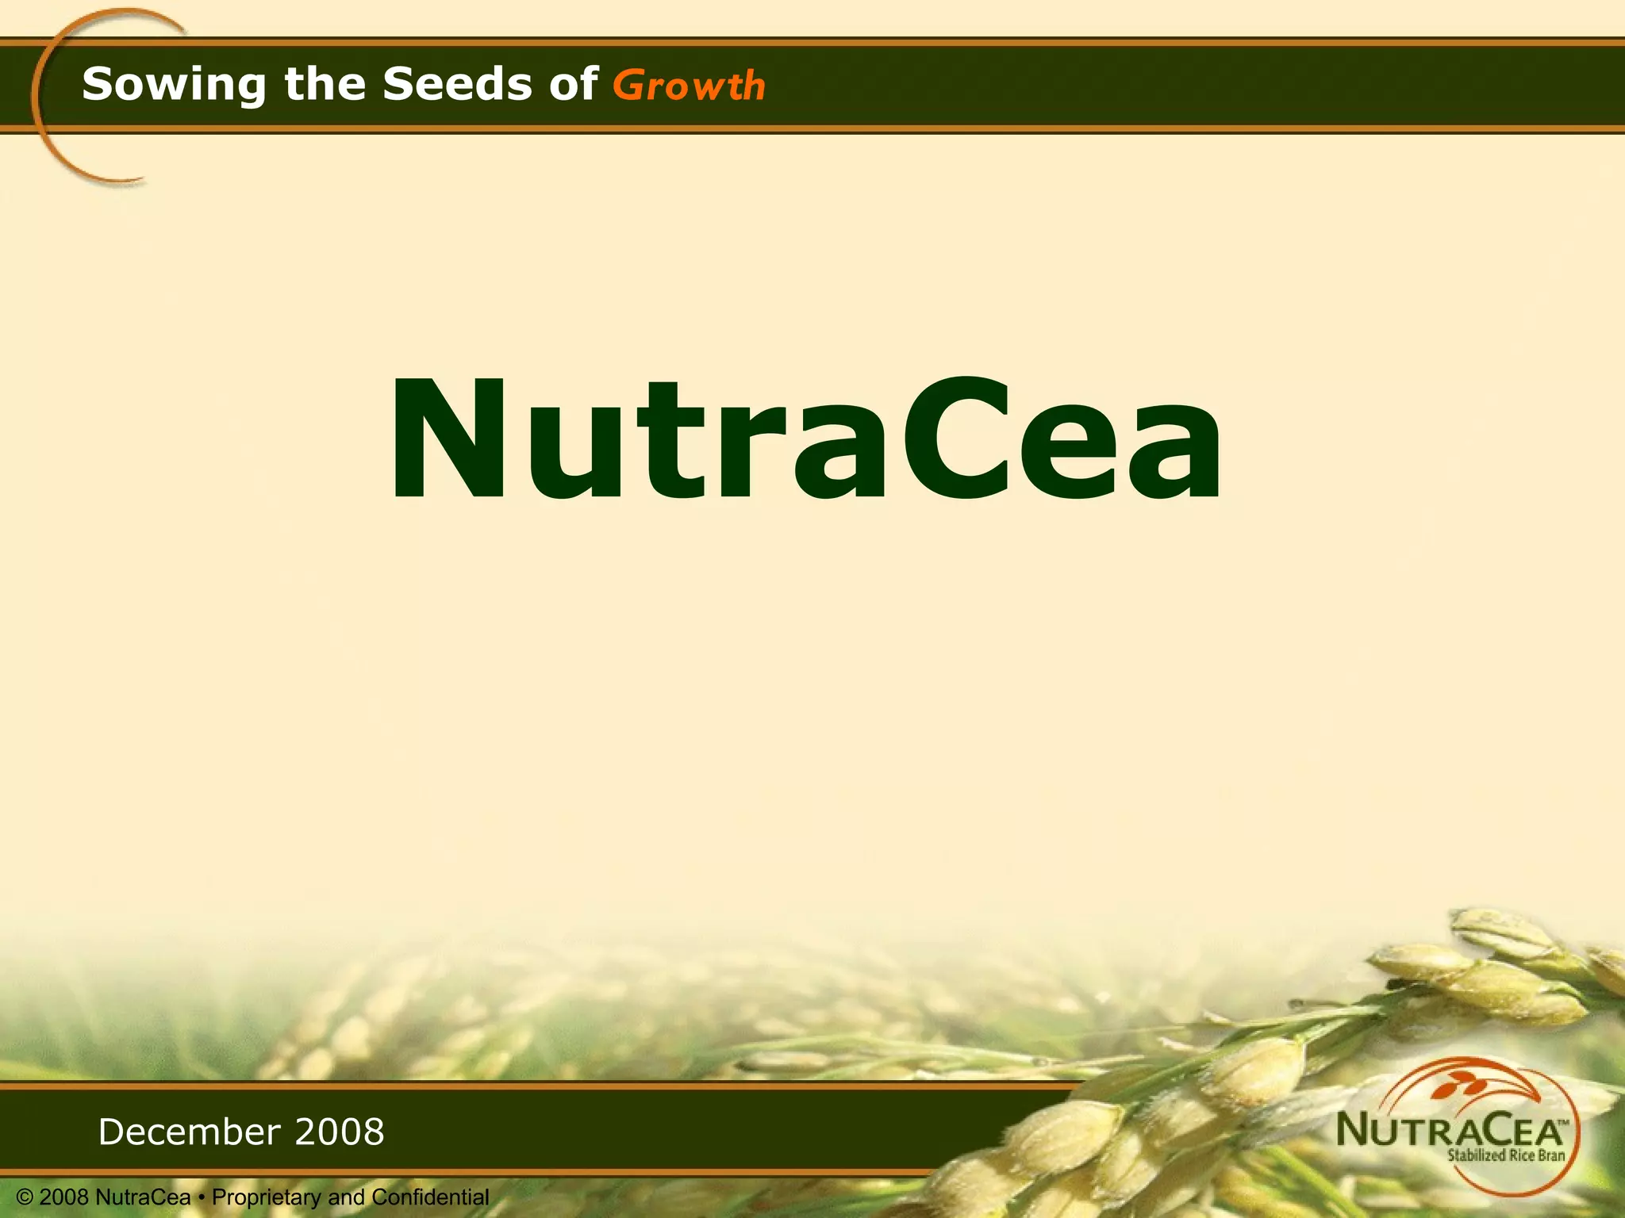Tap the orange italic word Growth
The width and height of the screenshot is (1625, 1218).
[x=689, y=86]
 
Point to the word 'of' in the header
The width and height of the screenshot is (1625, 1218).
[x=573, y=84]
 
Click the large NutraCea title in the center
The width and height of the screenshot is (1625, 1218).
[x=805, y=441]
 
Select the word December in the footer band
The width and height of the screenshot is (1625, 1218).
[x=189, y=1132]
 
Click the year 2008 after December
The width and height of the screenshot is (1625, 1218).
[x=340, y=1132]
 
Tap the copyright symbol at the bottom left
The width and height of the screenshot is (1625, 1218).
[x=25, y=1197]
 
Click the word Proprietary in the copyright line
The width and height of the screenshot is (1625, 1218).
[x=267, y=1197]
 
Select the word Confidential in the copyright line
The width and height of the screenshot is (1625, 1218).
[x=430, y=1197]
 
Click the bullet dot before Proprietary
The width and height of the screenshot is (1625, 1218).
[x=202, y=1197]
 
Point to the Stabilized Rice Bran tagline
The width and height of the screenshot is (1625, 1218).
[x=1505, y=1155]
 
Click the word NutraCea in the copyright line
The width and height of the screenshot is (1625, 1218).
[x=143, y=1197]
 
